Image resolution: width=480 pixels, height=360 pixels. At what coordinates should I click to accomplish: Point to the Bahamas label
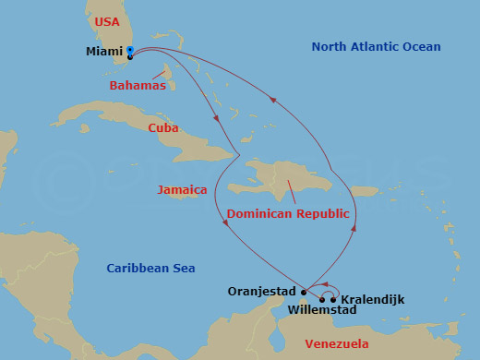tap(138, 86)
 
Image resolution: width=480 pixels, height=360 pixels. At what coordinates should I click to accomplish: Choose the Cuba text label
tap(163, 128)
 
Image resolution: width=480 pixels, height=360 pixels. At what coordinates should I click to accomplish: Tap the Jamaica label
tap(183, 189)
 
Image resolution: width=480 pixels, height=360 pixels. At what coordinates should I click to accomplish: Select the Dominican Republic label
tap(288, 213)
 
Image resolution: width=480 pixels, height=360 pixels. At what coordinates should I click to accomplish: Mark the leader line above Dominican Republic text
tap(292, 192)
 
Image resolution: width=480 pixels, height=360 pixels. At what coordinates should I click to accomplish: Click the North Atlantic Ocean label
tap(376, 47)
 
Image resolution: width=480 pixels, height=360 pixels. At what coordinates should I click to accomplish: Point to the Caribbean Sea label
tap(150, 268)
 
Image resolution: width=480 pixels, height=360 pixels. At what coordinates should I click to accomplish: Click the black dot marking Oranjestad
tap(304, 292)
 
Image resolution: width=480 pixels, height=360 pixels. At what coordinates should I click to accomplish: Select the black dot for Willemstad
tap(322, 299)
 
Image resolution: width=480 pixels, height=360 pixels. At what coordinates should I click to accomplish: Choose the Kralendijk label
tap(372, 299)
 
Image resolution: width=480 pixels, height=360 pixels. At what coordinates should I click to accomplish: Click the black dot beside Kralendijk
tap(333, 299)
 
